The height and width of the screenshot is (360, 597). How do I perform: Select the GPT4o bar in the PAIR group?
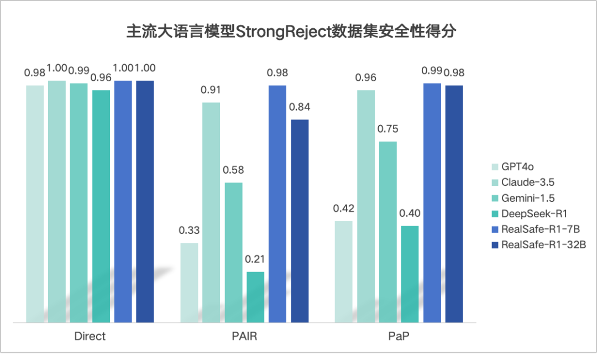(x=190, y=282)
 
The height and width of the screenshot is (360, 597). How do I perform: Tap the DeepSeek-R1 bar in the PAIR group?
(x=255, y=296)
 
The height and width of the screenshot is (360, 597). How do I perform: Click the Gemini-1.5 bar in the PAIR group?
(x=233, y=252)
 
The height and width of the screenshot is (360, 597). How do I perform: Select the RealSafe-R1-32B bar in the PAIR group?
(x=300, y=221)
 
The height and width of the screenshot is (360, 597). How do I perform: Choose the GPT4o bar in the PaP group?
(x=344, y=271)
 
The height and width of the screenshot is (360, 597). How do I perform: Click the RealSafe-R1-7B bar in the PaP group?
(x=432, y=202)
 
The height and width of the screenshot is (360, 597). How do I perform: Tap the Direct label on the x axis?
(x=90, y=336)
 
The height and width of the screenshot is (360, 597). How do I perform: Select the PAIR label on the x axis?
(x=244, y=336)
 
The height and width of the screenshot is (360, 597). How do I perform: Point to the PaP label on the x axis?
(x=399, y=336)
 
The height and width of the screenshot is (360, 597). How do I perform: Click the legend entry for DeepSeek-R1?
(x=533, y=213)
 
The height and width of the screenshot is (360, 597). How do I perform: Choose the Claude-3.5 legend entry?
(x=528, y=182)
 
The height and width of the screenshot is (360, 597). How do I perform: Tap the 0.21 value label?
(x=255, y=259)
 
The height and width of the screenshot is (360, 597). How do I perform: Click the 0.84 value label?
(x=300, y=107)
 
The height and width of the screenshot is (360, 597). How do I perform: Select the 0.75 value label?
(x=388, y=129)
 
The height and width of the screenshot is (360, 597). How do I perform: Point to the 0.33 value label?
(x=190, y=231)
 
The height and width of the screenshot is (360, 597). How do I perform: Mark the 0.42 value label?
(x=344, y=208)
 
